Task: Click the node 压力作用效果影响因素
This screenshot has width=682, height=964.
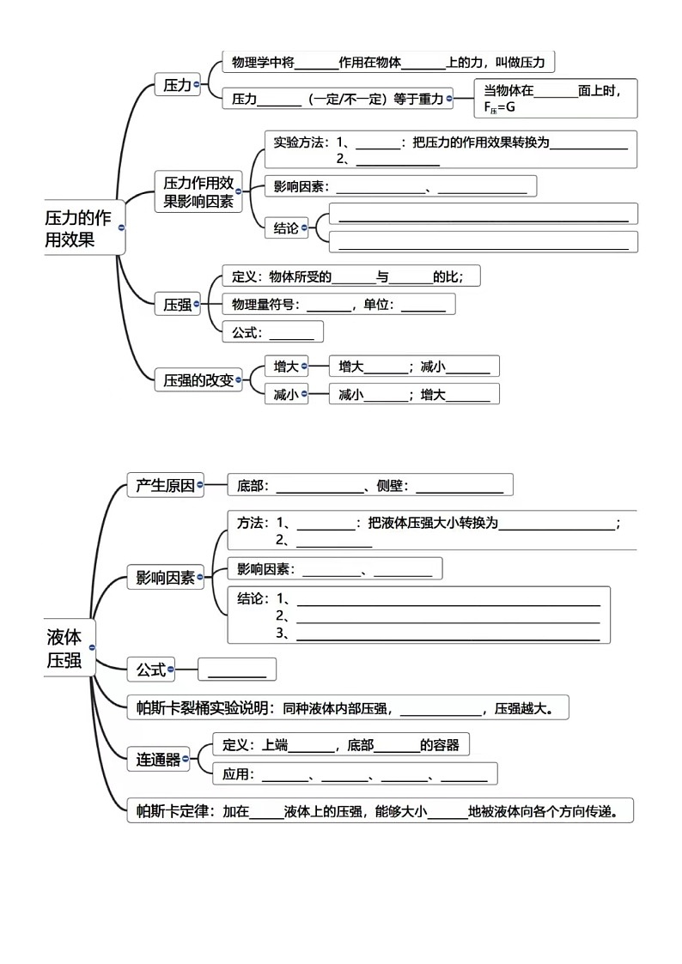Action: [x=198, y=192]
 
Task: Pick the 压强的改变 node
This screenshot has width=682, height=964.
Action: [x=198, y=380]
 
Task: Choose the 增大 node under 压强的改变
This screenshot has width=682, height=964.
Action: [x=285, y=367]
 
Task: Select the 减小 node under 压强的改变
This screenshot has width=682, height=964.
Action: [x=285, y=395]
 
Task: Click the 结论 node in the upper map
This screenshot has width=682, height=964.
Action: [x=286, y=227]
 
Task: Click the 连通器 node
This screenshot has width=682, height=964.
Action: [x=159, y=759]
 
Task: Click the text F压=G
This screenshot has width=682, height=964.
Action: [x=499, y=107]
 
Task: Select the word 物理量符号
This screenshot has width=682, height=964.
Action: [x=263, y=304]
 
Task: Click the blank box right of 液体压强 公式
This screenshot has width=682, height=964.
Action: [x=237, y=670]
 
